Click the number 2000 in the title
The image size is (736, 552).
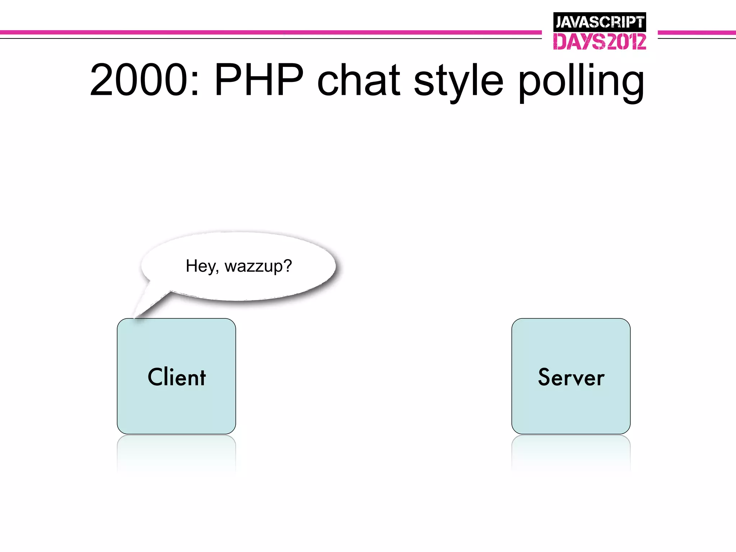click(x=139, y=80)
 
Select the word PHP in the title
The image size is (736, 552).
click(x=259, y=80)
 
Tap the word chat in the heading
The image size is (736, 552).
click(x=358, y=80)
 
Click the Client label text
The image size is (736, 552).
click(x=176, y=377)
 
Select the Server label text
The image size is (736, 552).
click(x=571, y=377)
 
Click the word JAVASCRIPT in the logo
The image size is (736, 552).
click(x=599, y=22)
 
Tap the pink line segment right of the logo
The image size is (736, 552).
click(x=696, y=33)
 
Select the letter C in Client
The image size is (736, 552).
click(x=155, y=377)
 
